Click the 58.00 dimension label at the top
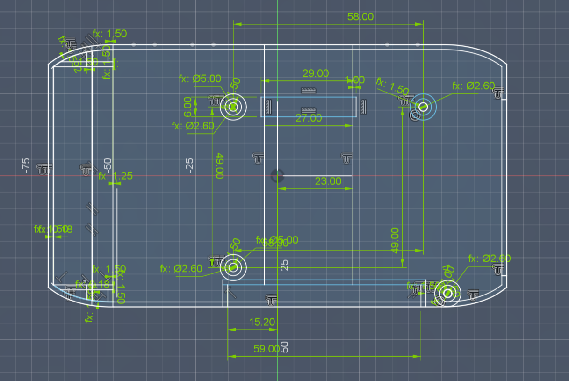(x=360, y=16)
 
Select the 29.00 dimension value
(x=316, y=73)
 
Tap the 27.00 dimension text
(x=309, y=118)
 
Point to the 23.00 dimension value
(x=328, y=181)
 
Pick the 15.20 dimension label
(x=262, y=322)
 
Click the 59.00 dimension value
(x=266, y=349)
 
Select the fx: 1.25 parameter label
(x=115, y=176)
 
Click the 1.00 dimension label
(x=354, y=79)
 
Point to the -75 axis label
(x=25, y=165)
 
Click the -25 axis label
(x=189, y=165)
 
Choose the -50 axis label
(x=108, y=165)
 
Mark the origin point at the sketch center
(x=277, y=176)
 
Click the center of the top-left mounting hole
(x=233, y=107)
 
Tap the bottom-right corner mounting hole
(x=447, y=294)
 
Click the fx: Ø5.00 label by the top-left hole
(x=200, y=79)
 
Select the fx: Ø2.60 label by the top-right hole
(x=473, y=86)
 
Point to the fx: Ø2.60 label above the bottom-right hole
(x=489, y=259)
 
